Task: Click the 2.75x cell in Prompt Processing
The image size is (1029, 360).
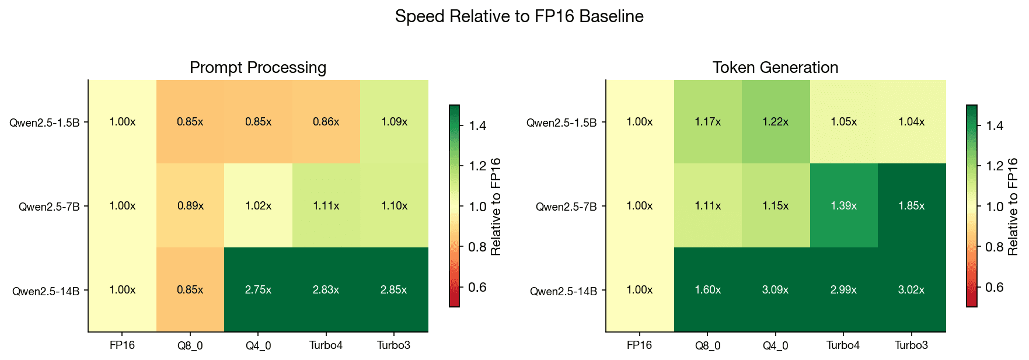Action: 258,290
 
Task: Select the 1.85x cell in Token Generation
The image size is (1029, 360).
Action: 911,206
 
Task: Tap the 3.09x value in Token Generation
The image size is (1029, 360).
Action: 775,290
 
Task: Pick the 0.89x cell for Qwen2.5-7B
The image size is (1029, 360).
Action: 190,206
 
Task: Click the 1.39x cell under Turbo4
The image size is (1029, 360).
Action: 843,206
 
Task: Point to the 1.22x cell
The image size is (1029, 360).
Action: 775,122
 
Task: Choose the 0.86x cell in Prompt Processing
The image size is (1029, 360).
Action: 326,122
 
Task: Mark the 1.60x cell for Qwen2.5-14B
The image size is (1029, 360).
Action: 707,290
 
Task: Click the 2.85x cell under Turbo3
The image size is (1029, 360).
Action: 393,290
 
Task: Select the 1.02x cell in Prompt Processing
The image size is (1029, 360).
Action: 258,206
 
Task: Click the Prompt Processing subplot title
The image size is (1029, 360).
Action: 258,68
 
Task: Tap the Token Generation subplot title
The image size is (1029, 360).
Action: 775,68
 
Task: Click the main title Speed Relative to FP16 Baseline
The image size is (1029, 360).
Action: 519,16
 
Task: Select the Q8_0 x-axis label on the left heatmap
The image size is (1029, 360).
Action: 190,345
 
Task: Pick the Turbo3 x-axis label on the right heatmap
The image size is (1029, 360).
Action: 911,345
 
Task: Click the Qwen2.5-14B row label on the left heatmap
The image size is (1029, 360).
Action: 46,291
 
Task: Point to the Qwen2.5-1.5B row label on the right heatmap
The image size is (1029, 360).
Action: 561,123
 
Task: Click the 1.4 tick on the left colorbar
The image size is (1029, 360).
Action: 477,125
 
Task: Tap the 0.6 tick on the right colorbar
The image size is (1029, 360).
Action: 995,287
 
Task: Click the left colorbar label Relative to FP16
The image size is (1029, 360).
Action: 496,207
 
